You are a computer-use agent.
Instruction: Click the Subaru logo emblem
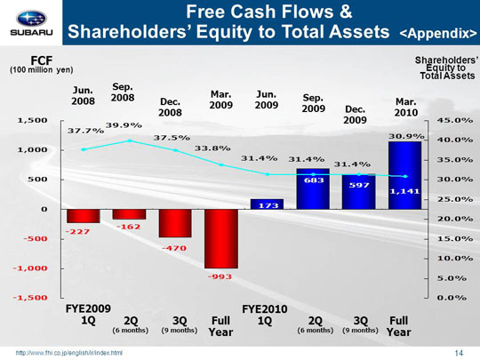(x=31, y=19)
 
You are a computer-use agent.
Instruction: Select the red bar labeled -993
(x=221, y=239)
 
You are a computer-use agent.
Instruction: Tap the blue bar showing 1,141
(x=404, y=175)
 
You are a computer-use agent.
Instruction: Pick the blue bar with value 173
(x=267, y=204)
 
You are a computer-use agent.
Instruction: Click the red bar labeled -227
(x=84, y=216)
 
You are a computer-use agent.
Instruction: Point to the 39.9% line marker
(x=130, y=140)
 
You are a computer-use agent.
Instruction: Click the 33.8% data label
(x=212, y=148)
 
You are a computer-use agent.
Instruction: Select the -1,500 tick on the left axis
(x=30, y=298)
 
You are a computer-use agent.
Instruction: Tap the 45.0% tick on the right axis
(x=455, y=120)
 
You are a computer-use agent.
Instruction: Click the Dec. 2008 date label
(x=170, y=108)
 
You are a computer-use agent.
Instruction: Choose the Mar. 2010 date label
(x=406, y=108)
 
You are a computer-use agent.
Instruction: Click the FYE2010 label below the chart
(x=265, y=309)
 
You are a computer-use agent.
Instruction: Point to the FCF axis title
(x=42, y=60)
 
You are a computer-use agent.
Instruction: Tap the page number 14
(x=459, y=353)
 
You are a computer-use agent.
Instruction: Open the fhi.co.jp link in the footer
(x=69, y=353)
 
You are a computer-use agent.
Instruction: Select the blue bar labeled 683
(x=313, y=188)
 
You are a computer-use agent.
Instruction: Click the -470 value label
(x=174, y=248)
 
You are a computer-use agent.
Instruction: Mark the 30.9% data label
(x=406, y=136)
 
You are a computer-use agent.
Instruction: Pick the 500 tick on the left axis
(x=38, y=180)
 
